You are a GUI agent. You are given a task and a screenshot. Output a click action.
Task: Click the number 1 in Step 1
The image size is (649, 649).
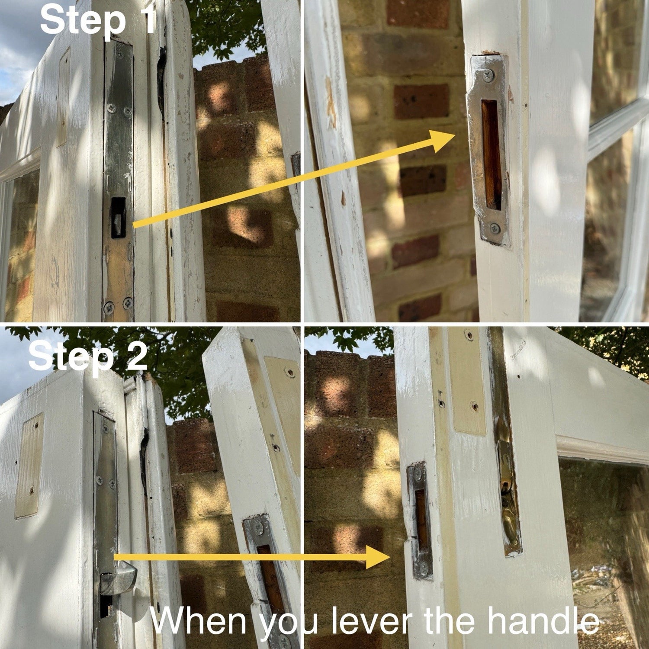coord(147,19)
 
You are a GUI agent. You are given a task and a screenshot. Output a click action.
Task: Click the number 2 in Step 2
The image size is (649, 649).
coord(136,356)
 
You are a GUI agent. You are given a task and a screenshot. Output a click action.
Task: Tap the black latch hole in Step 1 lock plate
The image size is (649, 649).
coord(118,218)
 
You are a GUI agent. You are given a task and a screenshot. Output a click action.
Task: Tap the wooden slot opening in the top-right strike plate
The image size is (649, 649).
coord(491,154)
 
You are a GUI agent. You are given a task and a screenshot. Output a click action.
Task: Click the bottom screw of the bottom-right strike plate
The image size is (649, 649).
coord(424,567)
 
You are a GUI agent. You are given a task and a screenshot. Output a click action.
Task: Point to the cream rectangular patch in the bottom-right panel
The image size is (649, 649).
coord(467,381)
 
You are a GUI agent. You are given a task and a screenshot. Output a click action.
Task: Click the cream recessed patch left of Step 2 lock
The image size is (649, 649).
coord(29,466)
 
